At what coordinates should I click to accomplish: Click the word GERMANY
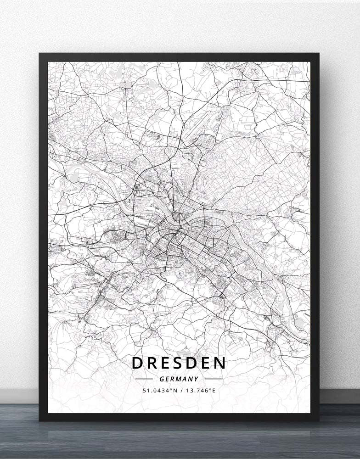pyautogui.click(x=179, y=379)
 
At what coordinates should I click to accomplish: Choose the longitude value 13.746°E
pyautogui.click(x=199, y=391)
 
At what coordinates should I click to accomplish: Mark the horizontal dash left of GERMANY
pyautogui.click(x=144, y=379)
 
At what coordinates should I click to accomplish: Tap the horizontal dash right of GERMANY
pyautogui.click(x=214, y=379)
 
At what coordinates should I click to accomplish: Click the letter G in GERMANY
pyautogui.click(x=162, y=379)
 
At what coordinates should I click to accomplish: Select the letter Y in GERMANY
pyautogui.click(x=197, y=379)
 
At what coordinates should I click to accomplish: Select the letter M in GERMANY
pyautogui.click(x=179, y=379)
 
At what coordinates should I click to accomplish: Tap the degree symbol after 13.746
pyautogui.click(x=210, y=389)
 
